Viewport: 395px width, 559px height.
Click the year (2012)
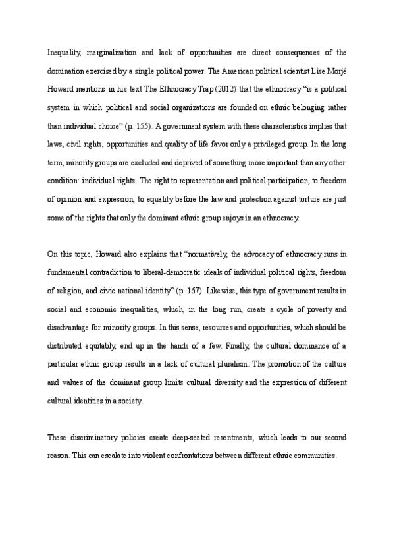pos(208,88)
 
